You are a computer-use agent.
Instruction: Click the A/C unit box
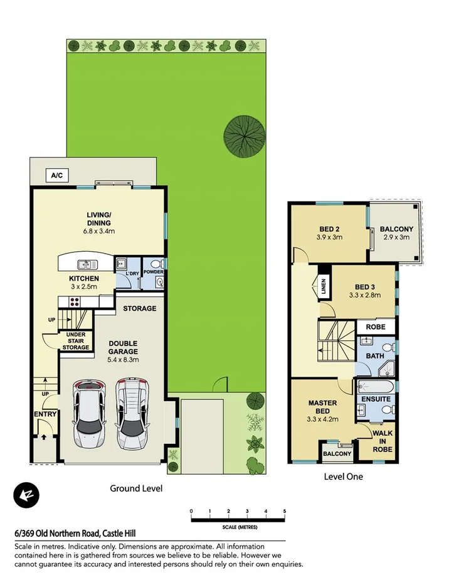click(56, 176)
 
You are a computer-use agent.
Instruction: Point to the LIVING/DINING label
click(99, 218)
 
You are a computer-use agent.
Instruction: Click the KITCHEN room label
click(84, 278)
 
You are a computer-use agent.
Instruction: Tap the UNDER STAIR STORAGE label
click(76, 341)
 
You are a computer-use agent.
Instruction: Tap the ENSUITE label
click(376, 399)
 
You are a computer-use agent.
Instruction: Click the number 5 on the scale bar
click(285, 511)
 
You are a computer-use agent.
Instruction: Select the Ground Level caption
click(136, 488)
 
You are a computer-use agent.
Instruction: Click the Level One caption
click(343, 477)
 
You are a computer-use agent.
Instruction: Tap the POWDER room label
click(153, 271)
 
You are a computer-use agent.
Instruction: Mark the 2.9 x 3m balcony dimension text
click(396, 237)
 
